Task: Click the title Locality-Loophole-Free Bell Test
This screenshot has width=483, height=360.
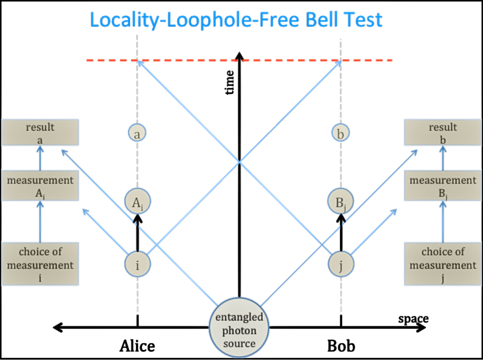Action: click(236, 20)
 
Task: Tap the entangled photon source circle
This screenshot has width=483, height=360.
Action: click(239, 328)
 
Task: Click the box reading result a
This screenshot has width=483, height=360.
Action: click(40, 134)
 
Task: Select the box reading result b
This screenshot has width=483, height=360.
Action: click(442, 134)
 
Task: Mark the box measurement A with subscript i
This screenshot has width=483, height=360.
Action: click(40, 186)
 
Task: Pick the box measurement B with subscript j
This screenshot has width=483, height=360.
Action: click(442, 186)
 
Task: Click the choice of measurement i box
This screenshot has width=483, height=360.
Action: click(40, 263)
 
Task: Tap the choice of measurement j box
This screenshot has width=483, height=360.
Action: click(442, 263)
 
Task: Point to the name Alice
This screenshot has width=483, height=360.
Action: click(137, 346)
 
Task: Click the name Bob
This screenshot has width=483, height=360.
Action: click(340, 346)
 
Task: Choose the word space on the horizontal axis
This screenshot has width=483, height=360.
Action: click(413, 319)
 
